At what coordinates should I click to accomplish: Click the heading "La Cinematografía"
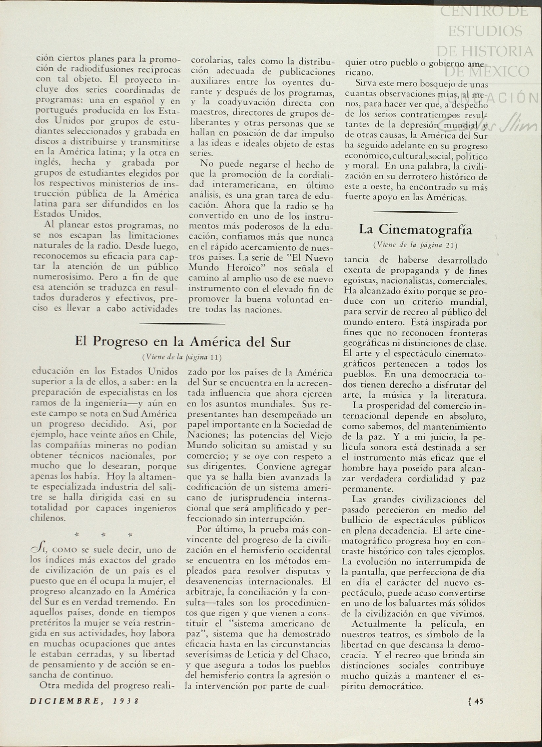pos(415,230)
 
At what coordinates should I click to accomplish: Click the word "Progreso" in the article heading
pos(120,341)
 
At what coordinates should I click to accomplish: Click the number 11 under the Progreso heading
pos(214,357)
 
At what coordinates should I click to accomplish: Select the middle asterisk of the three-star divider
pos(103,535)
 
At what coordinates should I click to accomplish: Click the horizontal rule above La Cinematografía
pos(416,212)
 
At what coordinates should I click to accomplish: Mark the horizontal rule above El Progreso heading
pos(182,324)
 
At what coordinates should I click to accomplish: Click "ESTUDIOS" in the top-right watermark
pos(485,31)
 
